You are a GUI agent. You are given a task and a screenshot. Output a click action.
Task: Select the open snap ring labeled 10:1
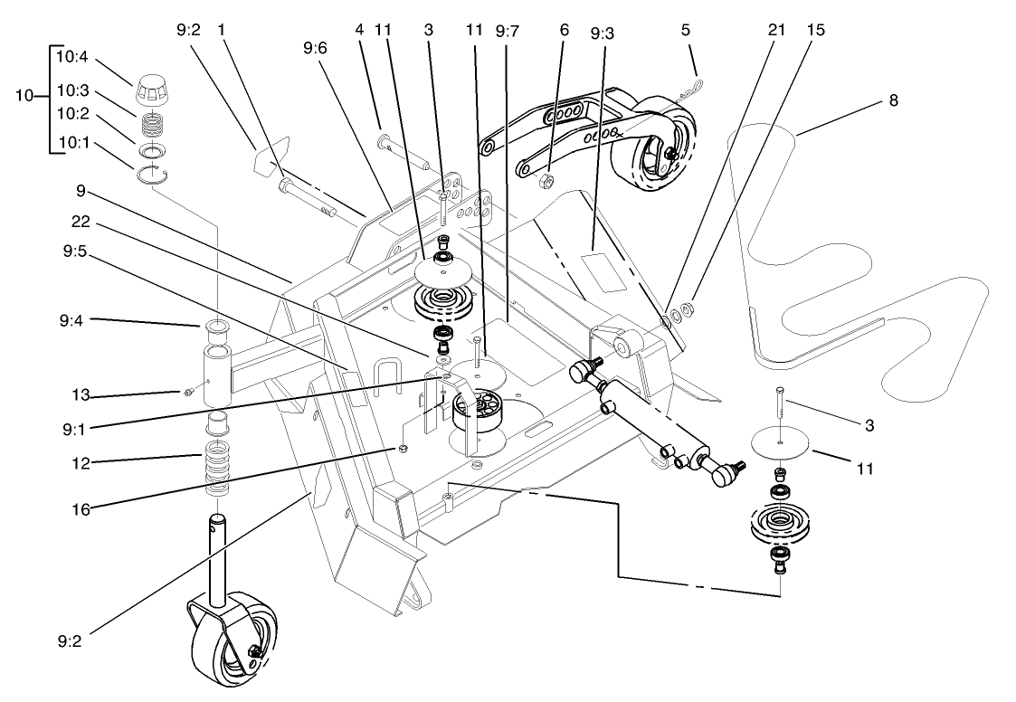pos(153,175)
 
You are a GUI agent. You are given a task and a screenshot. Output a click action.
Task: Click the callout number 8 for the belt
pos(893,100)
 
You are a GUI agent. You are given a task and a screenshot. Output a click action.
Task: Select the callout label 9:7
pos(507,30)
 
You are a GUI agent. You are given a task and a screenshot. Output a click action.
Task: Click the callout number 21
pos(775,30)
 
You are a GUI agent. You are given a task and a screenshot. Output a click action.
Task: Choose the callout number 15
pos(816,30)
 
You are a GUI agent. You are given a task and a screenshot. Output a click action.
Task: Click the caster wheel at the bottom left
pos(238,641)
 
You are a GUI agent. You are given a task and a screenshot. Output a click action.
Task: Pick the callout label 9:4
pos(73,319)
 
